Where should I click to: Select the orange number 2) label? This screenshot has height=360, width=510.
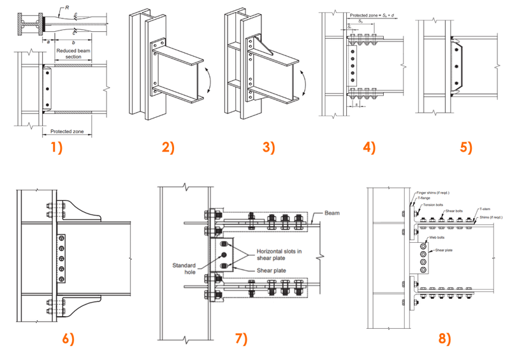click(168, 148)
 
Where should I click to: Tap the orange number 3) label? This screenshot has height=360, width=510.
click(269, 148)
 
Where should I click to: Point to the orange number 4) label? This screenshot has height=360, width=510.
click(369, 148)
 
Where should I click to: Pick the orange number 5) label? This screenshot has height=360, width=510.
click(467, 148)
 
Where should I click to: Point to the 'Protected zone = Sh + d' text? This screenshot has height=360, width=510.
click(370, 13)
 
